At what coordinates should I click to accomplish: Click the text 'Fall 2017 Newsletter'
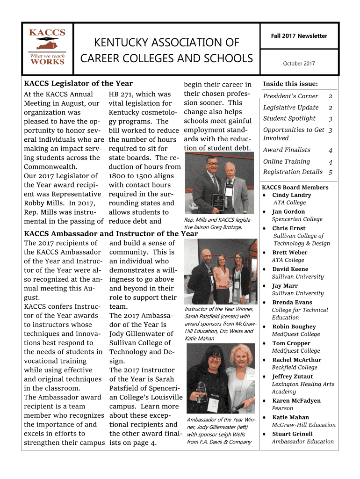[299, 36]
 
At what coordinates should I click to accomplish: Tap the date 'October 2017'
[299, 64]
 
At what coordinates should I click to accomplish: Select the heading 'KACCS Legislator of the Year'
[79, 84]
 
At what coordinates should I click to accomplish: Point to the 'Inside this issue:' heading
[290, 84]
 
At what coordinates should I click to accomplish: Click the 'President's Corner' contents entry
[290, 96]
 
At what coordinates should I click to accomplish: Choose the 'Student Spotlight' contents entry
[289, 119]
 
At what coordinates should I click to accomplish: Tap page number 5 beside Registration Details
[330, 172]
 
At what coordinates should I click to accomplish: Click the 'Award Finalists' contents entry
[287, 150]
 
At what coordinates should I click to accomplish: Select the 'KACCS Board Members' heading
[295, 188]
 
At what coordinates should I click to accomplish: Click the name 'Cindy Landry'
[291, 195]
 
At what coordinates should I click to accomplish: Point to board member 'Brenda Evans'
[292, 303]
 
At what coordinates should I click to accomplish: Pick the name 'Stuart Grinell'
[293, 434]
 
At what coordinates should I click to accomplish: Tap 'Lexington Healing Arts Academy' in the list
[303, 388]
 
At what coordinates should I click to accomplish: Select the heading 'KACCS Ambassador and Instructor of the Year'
[111, 234]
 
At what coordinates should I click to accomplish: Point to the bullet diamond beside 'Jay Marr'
[264, 286]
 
